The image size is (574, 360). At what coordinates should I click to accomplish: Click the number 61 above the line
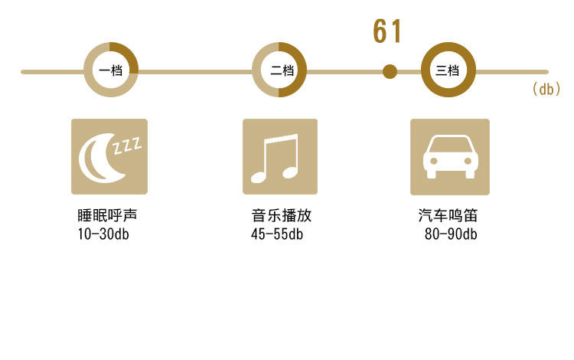(x=387, y=32)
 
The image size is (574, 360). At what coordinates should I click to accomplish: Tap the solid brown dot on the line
(x=390, y=72)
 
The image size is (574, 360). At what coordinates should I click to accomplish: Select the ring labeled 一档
(x=110, y=70)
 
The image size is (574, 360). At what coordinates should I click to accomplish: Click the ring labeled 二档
(x=280, y=70)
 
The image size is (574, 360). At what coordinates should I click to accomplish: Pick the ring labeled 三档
(x=448, y=70)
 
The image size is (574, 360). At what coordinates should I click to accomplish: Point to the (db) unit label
(x=546, y=90)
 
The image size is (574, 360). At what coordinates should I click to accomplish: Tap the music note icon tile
(x=280, y=156)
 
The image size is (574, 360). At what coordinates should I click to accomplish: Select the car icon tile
(x=450, y=156)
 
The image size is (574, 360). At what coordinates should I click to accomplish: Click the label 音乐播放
(x=281, y=216)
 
